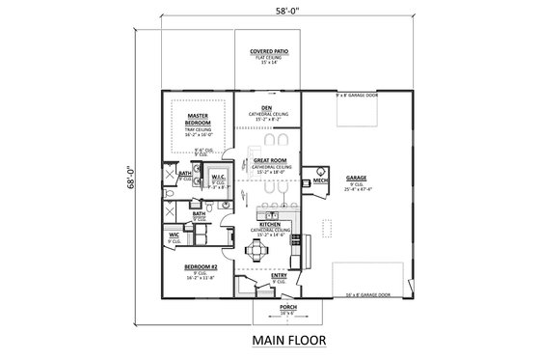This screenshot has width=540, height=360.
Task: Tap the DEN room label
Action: [266, 107]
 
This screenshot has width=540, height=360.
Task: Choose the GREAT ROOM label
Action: [266, 161]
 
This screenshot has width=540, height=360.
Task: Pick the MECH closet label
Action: [318, 180]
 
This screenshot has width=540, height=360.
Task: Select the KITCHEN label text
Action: [269, 223]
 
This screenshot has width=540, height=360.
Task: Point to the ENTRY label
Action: [279, 275]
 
